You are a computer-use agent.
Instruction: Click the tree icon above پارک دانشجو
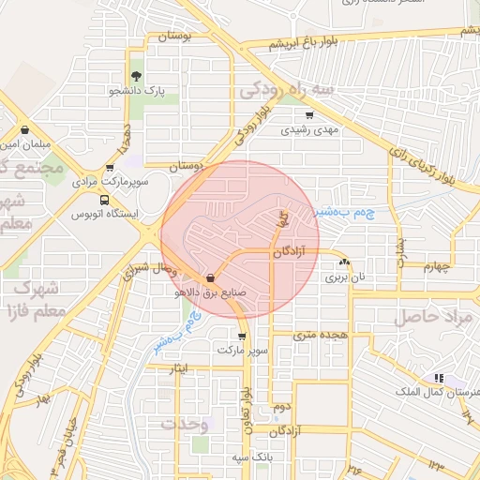click(137, 76)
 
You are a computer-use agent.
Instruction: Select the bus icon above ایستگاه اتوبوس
click(103, 199)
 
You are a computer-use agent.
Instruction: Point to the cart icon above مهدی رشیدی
click(309, 115)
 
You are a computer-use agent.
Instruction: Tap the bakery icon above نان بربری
click(346, 263)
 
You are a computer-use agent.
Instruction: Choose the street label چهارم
click(437, 266)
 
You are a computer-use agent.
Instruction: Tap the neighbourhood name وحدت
click(184, 423)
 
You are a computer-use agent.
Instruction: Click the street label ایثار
click(180, 367)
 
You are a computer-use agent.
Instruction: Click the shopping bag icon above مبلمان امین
click(23, 130)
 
